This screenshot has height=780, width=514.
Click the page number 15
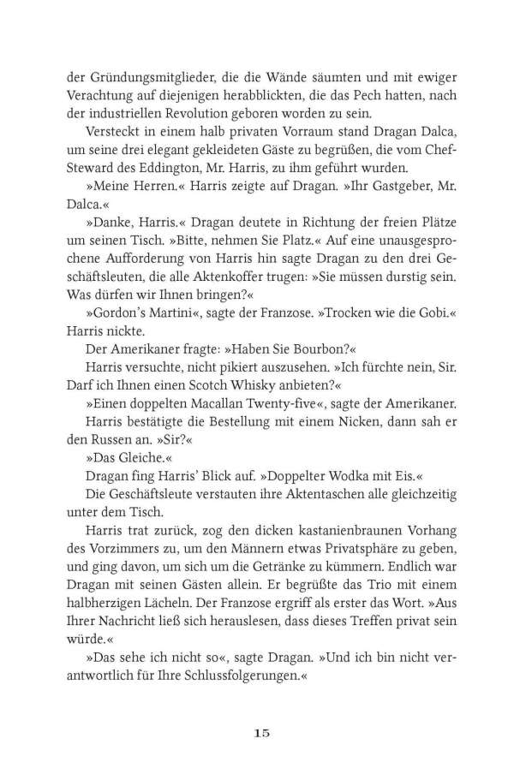click(262, 732)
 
